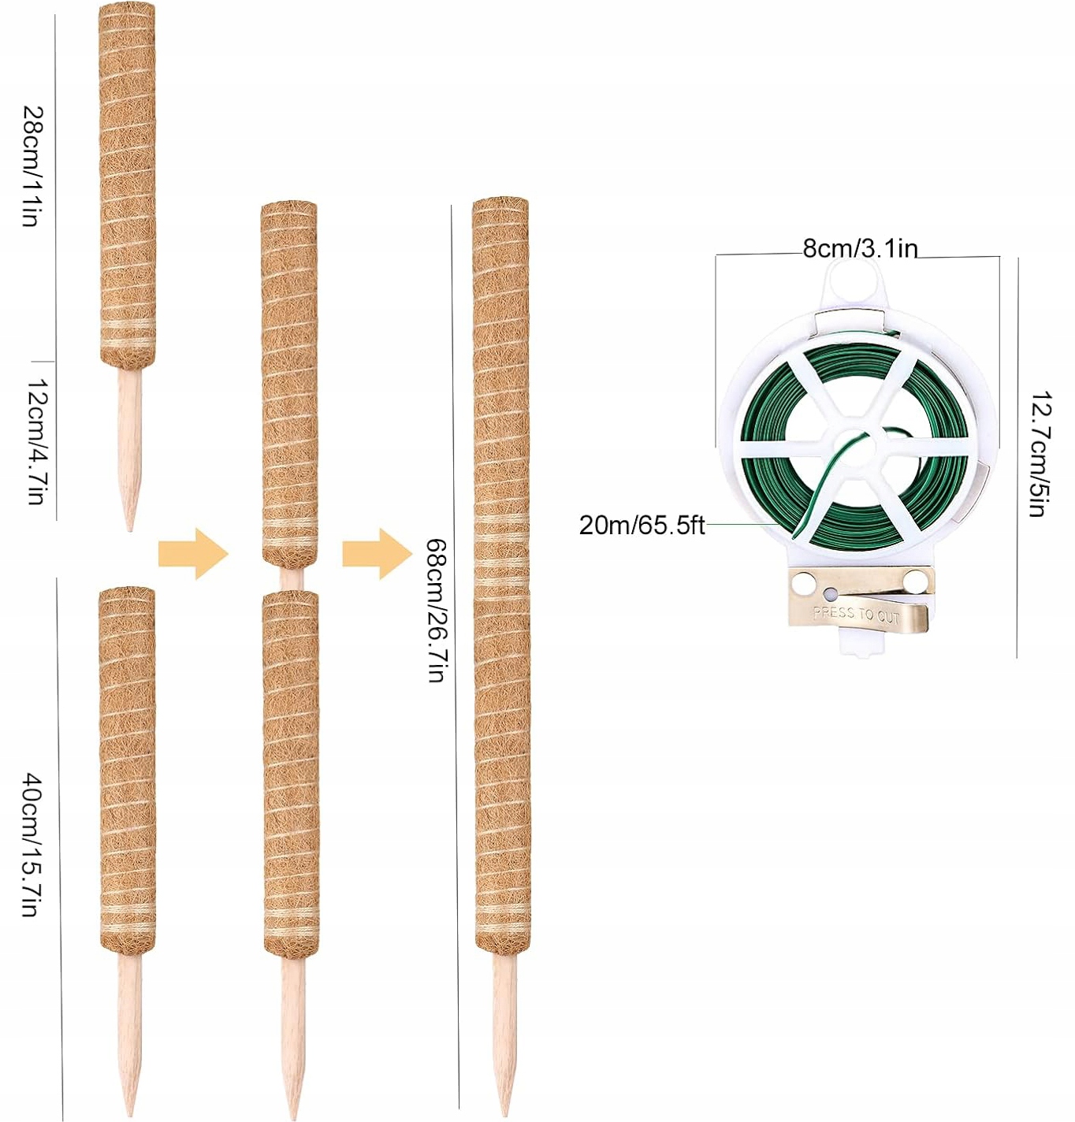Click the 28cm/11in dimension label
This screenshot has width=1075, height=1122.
coord(32,166)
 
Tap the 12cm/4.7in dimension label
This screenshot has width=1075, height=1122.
coord(36,441)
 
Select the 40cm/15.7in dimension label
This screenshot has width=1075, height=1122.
coord(32,845)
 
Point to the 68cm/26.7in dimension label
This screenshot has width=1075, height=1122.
coord(437,610)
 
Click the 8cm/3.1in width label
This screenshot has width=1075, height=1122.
coord(860,249)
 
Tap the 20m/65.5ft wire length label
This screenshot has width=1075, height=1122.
coord(642,525)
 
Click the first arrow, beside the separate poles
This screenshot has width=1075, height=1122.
coord(193,554)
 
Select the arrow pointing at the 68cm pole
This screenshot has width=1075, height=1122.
coord(377,554)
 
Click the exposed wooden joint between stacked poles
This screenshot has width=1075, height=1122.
coord(291,578)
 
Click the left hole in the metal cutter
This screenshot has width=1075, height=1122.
coord(803,585)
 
